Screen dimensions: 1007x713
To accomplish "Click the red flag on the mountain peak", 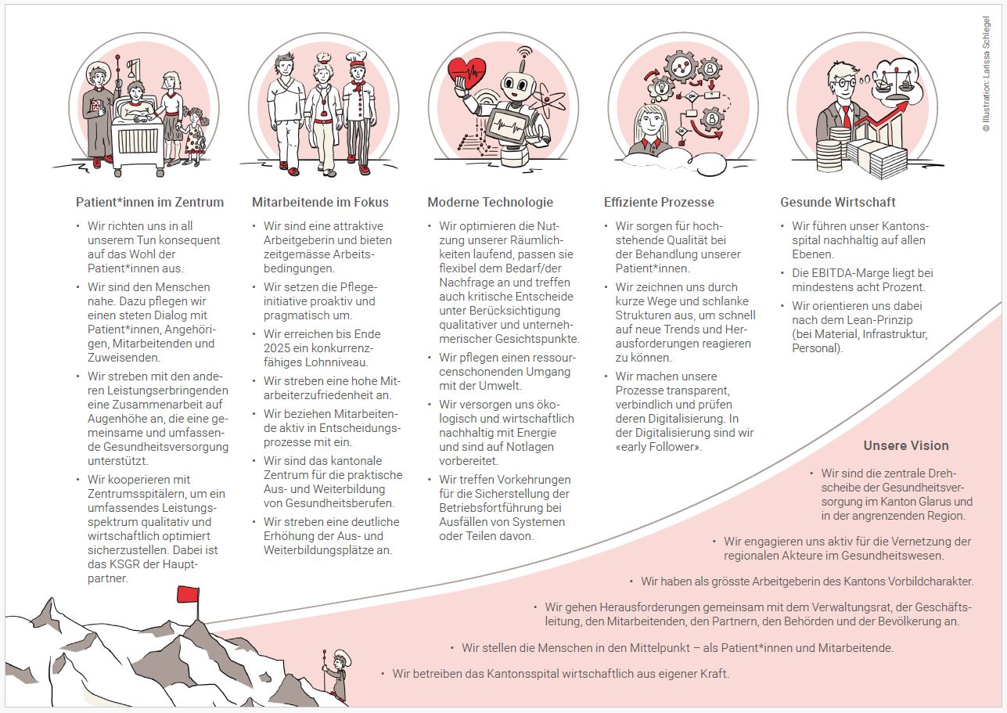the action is pyautogui.click(x=188, y=594).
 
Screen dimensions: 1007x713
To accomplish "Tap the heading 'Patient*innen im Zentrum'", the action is pyautogui.click(x=149, y=202).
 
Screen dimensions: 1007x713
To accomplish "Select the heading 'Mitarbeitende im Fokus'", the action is pyautogui.click(x=320, y=202).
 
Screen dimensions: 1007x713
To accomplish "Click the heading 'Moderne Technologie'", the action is pyautogui.click(x=490, y=202).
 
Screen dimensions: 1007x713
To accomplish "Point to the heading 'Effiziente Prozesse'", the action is pyautogui.click(x=659, y=202).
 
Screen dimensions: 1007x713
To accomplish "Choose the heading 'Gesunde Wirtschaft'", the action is pyautogui.click(x=837, y=202).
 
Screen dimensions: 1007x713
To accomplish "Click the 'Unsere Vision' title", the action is pyautogui.click(x=906, y=445).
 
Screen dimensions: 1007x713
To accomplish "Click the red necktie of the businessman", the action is pyautogui.click(x=847, y=117).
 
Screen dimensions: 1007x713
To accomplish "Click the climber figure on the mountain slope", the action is pyautogui.click(x=337, y=676).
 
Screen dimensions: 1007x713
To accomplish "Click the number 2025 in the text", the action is pyautogui.click(x=278, y=348).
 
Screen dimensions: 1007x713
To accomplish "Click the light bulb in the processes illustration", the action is pyautogui.click(x=660, y=86).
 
